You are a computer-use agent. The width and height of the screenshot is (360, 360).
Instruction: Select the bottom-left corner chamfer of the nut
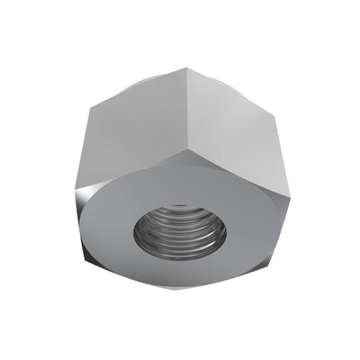99,262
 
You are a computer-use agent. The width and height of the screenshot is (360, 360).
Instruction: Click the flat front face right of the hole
252,229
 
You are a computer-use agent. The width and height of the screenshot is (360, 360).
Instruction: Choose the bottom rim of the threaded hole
180,262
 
